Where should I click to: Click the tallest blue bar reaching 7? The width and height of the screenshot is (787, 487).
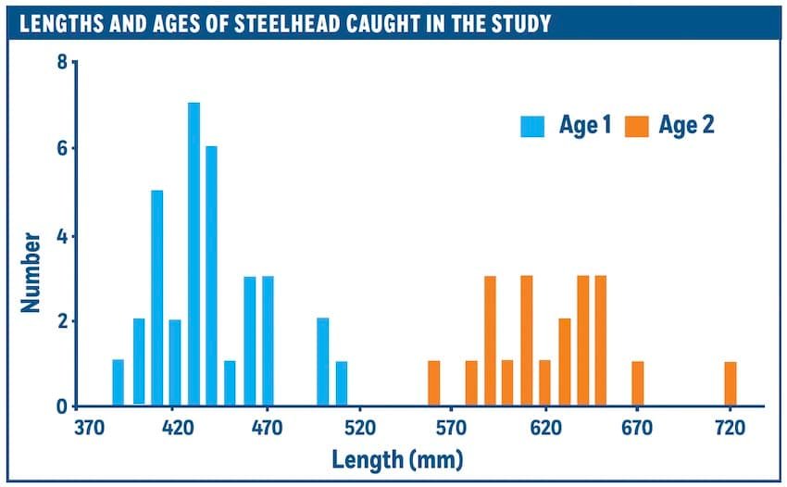point(194,254)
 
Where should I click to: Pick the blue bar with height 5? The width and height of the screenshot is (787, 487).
point(157,297)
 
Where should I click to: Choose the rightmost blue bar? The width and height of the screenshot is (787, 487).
point(341,383)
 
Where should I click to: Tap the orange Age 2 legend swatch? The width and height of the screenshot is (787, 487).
point(637,126)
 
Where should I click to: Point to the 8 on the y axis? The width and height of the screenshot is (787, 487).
point(61,63)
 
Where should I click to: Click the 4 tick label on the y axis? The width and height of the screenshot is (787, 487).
point(61,235)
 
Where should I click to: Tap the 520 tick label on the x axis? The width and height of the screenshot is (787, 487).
point(359,429)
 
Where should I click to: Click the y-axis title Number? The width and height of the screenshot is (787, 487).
point(31,270)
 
